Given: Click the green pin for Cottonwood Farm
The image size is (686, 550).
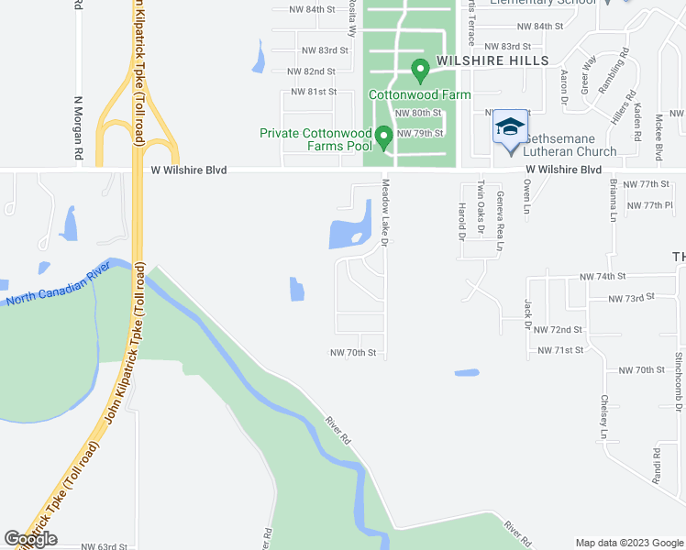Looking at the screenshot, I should [x=420, y=70].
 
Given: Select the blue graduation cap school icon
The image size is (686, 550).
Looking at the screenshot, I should [x=510, y=127].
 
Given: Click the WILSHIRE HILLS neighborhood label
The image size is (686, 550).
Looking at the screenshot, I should [x=492, y=60].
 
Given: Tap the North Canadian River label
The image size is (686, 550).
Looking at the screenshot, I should [x=58, y=286].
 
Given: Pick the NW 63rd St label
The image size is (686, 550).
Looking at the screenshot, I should [x=104, y=546].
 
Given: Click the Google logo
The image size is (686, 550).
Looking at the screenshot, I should [x=31, y=539].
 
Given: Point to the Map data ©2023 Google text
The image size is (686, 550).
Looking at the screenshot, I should [x=628, y=543].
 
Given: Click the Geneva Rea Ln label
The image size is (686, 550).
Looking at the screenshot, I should [x=501, y=221].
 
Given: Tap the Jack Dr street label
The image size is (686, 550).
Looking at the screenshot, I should [x=528, y=313].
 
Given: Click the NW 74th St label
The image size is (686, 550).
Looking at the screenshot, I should [x=602, y=276].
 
